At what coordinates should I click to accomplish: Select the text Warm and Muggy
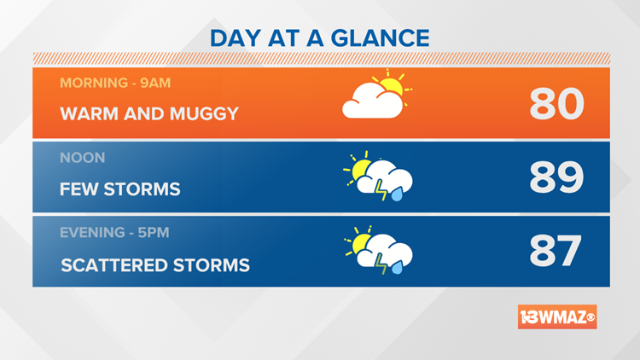(x=149, y=113)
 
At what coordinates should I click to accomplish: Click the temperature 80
(x=556, y=104)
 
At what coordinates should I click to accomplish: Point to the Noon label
(x=82, y=158)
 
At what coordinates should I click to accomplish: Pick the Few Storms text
(x=120, y=189)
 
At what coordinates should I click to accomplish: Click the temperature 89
(x=556, y=178)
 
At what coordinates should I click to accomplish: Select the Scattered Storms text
(x=155, y=264)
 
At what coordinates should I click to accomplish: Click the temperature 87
(x=556, y=252)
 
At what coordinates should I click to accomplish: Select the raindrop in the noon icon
(x=397, y=195)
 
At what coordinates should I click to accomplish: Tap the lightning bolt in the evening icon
(x=380, y=267)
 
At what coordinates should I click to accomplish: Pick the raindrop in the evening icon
(x=397, y=269)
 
